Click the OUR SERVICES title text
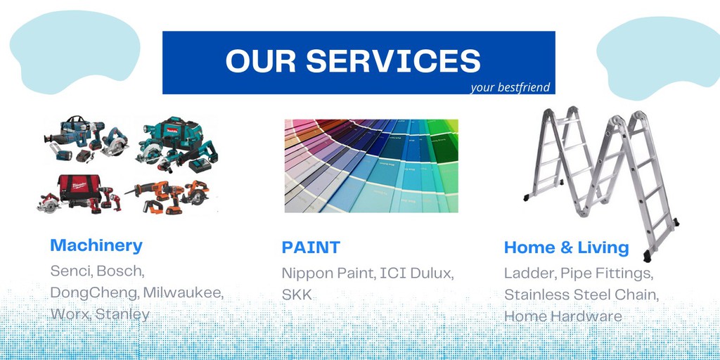[353, 60]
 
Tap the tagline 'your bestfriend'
[510, 88]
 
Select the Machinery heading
[96, 245]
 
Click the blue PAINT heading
[311, 247]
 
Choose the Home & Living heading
[566, 247]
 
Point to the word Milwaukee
[184, 292]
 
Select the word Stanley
[122, 314]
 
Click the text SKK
[297, 295]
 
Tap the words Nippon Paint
[326, 273]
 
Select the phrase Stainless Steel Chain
[581, 295]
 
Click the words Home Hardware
[562, 316]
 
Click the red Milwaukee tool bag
[79, 186]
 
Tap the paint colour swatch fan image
[371, 165]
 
